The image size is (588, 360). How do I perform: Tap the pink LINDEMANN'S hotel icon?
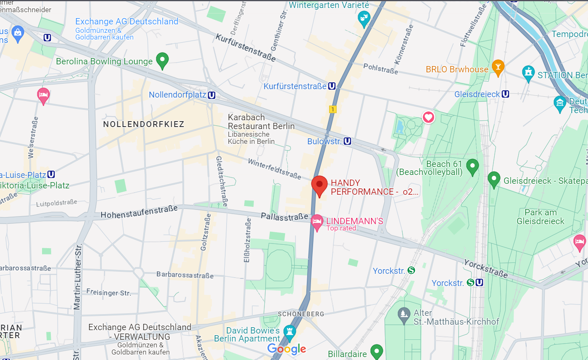click(317, 222)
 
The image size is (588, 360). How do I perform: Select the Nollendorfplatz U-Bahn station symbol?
click(212, 95)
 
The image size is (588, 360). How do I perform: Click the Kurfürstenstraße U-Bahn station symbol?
click(332, 86)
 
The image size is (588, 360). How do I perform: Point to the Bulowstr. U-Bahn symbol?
click(347, 141)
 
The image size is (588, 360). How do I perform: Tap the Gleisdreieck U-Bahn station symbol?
click(506, 94)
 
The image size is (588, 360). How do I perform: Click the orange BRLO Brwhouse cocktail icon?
click(498, 67)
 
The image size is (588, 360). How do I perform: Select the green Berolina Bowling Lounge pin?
click(162, 60)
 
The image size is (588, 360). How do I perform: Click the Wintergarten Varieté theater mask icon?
click(363, 19)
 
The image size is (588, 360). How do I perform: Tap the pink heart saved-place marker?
click(428, 117)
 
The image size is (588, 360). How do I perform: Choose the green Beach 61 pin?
click(473, 166)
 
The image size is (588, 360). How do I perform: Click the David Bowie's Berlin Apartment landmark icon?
click(289, 331)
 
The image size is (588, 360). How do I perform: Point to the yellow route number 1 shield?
click(333, 109)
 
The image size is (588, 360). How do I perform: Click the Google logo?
click(286, 349)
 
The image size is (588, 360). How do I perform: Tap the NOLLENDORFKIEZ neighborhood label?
click(144, 124)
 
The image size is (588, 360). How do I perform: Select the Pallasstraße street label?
click(285, 217)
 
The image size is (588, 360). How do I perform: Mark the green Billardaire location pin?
click(377, 350)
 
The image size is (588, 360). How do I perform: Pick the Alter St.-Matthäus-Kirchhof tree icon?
click(404, 314)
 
